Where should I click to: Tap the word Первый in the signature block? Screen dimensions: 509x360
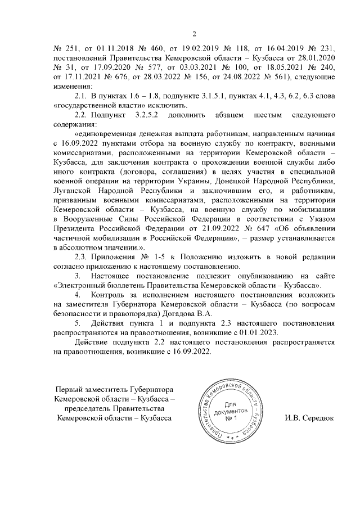click(71, 390)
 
